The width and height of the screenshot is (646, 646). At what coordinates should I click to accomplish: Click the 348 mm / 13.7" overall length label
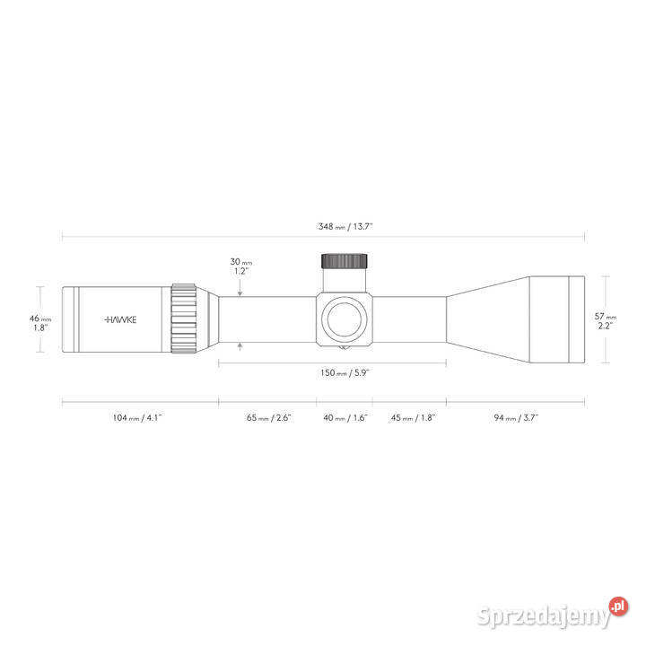click(345, 227)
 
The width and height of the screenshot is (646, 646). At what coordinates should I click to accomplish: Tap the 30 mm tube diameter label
click(241, 262)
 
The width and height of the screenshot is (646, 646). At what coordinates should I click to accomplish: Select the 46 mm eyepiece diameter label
click(40, 319)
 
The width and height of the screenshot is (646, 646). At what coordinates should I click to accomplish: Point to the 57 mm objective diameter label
click(606, 317)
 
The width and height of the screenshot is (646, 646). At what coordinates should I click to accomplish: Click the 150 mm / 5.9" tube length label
click(345, 373)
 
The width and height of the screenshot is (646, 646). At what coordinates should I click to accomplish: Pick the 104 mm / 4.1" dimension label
click(137, 418)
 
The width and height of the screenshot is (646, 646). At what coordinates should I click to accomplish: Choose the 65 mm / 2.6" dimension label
click(268, 418)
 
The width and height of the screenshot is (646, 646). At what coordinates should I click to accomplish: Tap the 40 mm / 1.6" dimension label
click(345, 418)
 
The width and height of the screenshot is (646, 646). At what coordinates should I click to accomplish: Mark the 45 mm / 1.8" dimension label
click(413, 418)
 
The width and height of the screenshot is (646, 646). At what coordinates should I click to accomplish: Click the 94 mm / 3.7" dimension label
click(516, 418)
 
